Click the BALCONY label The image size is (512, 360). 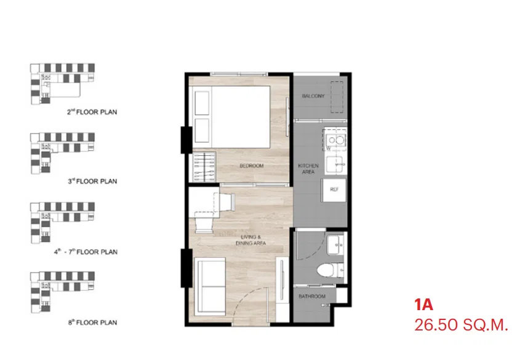pos(313,96)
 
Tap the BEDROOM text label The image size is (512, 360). pos(252,166)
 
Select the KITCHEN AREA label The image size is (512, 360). pos(308,169)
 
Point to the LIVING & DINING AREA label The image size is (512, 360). pos(251,240)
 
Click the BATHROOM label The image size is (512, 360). pos(312,296)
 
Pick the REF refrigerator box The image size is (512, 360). pos(334,190)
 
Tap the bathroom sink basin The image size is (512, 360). pos(335,244)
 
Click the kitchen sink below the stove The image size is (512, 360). pos(335,166)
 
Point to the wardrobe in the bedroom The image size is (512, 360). pos(204,167)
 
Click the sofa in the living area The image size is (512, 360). pos(210,287)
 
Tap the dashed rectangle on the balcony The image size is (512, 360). pos(337,97)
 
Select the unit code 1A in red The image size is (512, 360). pos(423,305)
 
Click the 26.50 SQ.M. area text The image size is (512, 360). pos(461,325)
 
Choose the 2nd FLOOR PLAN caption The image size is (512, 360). pos(92,112)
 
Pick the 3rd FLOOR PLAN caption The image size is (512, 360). pos(92,182)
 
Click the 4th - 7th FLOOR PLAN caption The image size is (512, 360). pos(86,252)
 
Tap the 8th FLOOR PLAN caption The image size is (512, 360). pos(92,322)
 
